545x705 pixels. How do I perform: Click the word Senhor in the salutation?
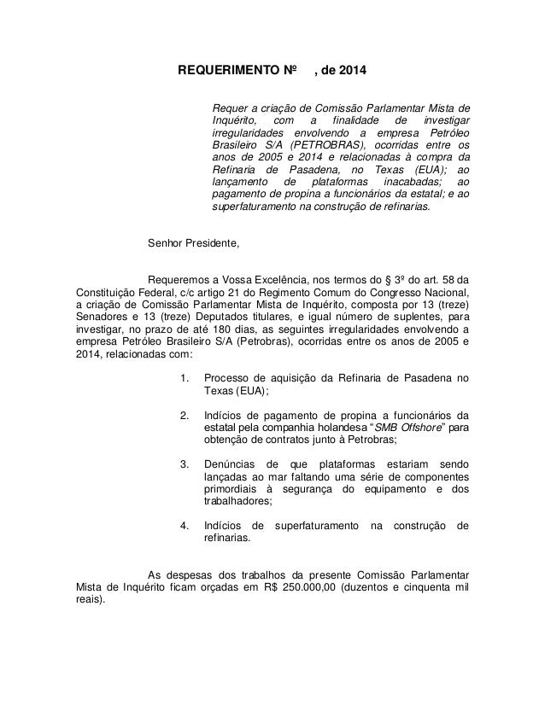166,244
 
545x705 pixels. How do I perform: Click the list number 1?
185,378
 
